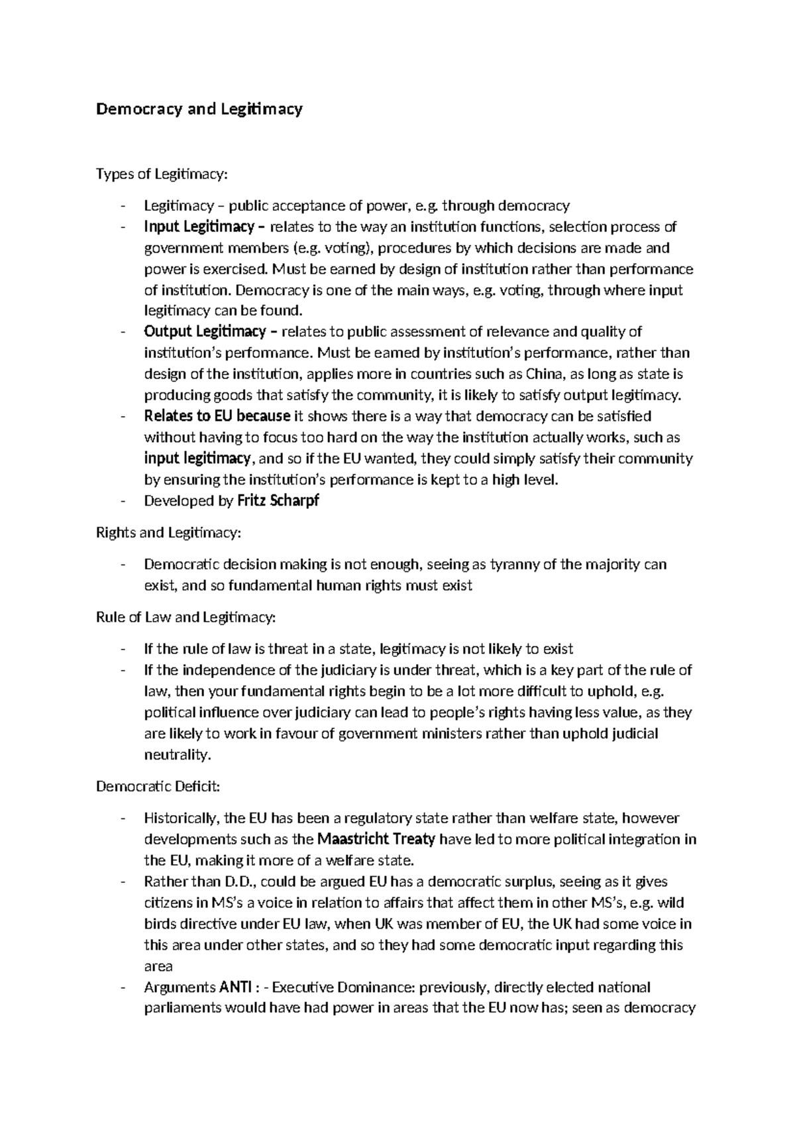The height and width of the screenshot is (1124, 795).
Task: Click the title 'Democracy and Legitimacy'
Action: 199,109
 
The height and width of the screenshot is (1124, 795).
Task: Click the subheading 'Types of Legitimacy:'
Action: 162,174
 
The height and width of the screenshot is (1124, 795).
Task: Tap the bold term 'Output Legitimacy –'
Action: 205,331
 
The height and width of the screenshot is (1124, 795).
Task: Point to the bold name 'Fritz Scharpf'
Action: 278,501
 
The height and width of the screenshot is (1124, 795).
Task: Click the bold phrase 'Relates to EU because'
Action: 217,416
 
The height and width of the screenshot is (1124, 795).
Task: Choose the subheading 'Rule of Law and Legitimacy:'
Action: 185,617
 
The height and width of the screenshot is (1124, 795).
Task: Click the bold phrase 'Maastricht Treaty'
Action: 376,839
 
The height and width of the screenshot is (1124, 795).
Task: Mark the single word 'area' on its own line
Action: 158,966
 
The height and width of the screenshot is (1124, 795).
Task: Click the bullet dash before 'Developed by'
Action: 123,502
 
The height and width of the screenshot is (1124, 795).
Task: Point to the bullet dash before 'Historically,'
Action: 123,818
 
